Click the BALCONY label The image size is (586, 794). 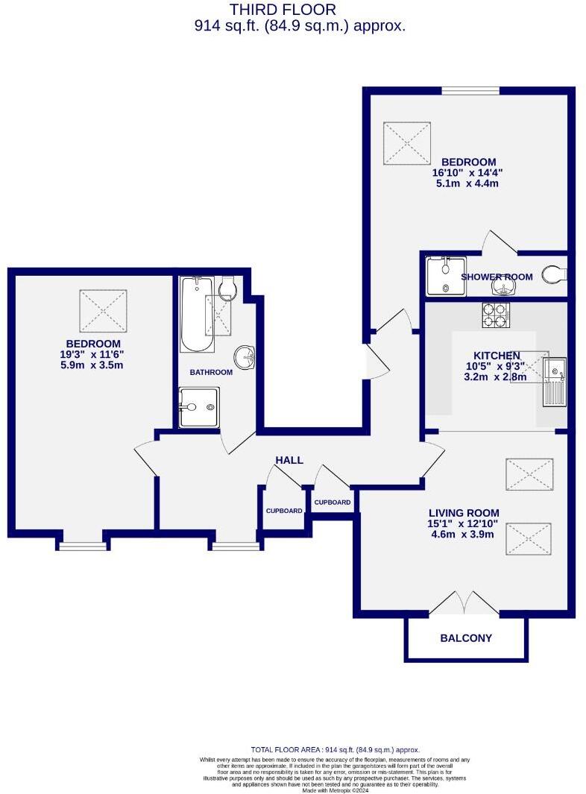click(466, 638)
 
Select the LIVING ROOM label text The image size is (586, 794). click(463, 513)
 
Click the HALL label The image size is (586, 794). click(289, 460)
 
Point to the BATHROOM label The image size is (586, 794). click(210, 372)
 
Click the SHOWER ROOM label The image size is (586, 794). click(497, 277)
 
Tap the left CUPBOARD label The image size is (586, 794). click(284, 511)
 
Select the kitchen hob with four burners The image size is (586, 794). click(495, 315)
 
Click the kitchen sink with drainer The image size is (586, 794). click(555, 381)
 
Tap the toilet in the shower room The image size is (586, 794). click(555, 275)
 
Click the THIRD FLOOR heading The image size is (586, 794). click(283, 10)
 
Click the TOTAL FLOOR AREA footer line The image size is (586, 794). click(335, 750)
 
